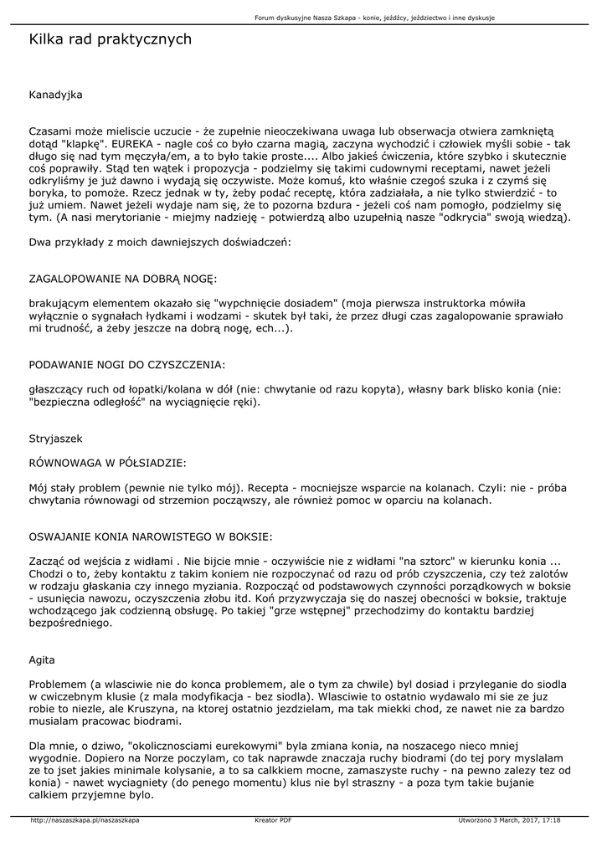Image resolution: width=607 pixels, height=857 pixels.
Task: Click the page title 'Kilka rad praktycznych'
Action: click(x=111, y=39)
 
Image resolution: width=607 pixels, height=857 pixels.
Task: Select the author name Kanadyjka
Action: click(x=56, y=95)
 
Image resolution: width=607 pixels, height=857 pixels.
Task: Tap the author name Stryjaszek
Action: click(x=56, y=438)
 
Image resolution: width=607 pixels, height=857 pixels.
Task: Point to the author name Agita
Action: click(x=43, y=659)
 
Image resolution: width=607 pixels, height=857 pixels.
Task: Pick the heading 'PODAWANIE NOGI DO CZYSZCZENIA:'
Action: click(x=127, y=365)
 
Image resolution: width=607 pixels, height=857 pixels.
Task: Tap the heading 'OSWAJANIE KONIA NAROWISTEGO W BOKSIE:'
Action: click(x=151, y=536)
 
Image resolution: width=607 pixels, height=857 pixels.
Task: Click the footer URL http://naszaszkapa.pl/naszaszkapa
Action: click(x=85, y=820)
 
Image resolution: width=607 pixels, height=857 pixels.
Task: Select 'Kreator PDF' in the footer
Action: click(x=273, y=820)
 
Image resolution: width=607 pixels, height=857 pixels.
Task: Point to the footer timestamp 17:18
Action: click(x=551, y=820)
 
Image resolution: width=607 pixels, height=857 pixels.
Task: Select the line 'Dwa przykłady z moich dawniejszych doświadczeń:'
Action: click(x=160, y=241)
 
